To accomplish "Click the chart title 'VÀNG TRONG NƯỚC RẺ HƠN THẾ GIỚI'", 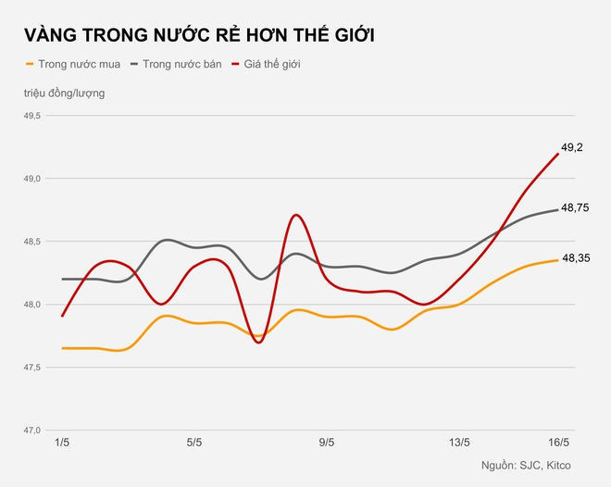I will (x=200, y=35).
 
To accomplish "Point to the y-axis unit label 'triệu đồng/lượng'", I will (x=65, y=94).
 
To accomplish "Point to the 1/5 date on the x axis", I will (x=61, y=443).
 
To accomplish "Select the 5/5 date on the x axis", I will (x=193, y=443).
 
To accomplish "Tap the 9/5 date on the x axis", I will (x=326, y=443).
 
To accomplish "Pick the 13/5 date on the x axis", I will (x=459, y=443).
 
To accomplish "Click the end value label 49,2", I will (x=572, y=147).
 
